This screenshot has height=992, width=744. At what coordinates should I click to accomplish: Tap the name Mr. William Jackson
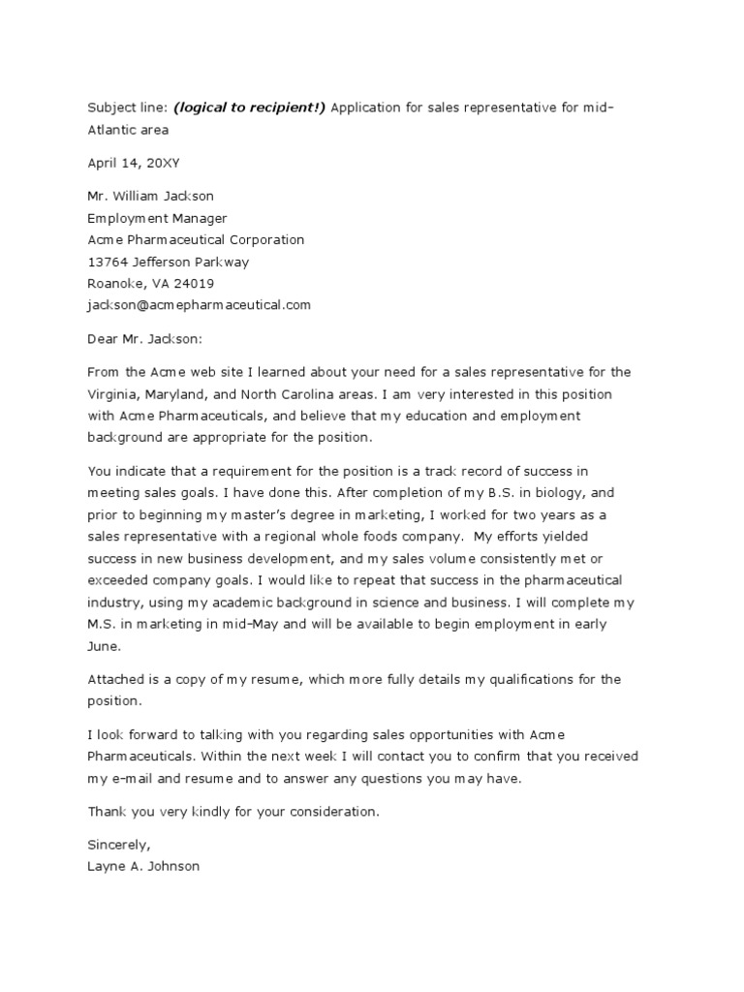tap(150, 196)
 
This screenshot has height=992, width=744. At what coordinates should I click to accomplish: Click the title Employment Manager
tap(157, 218)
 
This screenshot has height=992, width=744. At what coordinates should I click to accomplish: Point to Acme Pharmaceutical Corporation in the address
tap(196, 239)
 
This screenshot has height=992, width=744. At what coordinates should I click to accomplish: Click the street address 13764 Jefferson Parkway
tap(169, 262)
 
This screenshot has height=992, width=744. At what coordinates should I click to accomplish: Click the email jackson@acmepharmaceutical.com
tap(200, 305)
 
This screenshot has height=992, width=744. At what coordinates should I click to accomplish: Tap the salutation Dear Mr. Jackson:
tap(146, 339)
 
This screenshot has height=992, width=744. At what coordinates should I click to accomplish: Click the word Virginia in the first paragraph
tap(112, 394)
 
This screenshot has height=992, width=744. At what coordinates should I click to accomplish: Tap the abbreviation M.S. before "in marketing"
tap(103, 624)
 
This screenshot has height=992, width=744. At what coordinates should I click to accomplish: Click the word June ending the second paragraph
tap(104, 646)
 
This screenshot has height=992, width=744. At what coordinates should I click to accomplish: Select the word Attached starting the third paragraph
tap(117, 679)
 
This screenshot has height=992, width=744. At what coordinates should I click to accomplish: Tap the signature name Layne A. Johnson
tap(143, 866)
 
